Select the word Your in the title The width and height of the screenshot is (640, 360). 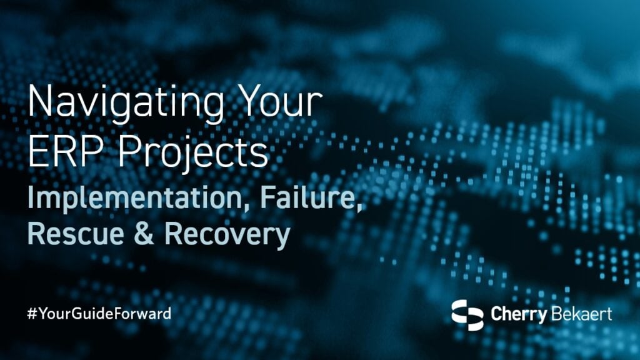(x=280, y=101)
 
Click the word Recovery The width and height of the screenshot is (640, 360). (x=227, y=234)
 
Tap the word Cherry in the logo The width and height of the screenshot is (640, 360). (x=516, y=314)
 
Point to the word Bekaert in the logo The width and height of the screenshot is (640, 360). (x=581, y=314)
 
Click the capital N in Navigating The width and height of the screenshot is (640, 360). (x=39, y=101)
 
